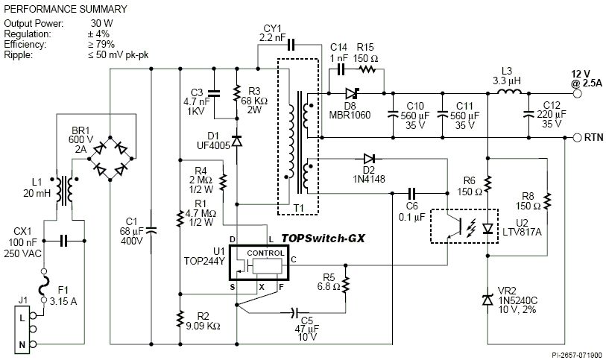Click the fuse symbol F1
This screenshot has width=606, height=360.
[x=44, y=285]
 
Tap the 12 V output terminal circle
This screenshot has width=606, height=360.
[x=577, y=93]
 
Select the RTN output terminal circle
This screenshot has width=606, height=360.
[x=577, y=137]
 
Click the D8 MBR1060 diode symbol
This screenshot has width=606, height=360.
[x=352, y=93]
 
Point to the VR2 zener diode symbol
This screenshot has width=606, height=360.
[x=487, y=300]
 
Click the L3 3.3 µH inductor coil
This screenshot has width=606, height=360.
[x=508, y=92]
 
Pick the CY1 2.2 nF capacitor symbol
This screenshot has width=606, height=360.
[x=291, y=45]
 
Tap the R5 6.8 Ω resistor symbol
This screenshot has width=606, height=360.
[x=346, y=284]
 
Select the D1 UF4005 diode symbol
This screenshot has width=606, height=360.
[x=236, y=141]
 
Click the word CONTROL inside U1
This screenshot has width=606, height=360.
[x=265, y=253]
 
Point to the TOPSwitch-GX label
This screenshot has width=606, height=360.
[x=323, y=238]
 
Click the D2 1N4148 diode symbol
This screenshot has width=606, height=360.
[x=369, y=158]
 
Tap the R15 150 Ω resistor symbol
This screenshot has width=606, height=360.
[x=367, y=69]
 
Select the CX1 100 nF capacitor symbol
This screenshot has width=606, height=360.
[x=64, y=241]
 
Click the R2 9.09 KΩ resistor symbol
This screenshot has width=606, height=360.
[x=180, y=319]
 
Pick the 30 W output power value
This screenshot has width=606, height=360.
[x=101, y=23]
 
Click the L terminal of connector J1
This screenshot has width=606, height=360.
[x=34, y=315]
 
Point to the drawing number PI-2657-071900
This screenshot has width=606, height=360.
[x=577, y=355]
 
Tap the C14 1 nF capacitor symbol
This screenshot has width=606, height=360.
[x=341, y=69]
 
